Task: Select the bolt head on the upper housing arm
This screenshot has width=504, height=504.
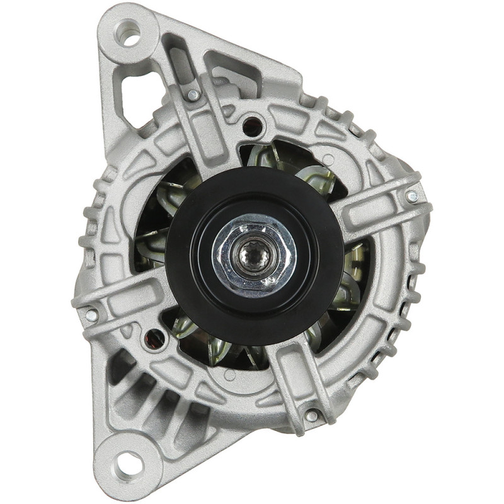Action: pos(193,95)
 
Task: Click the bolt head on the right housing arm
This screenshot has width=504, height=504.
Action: pos(411,197)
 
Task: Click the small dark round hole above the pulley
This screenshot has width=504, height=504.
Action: pos(252,123)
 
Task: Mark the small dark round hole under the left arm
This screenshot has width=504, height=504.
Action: pos(154,338)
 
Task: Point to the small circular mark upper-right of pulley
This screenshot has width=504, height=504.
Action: pos(327,159)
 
